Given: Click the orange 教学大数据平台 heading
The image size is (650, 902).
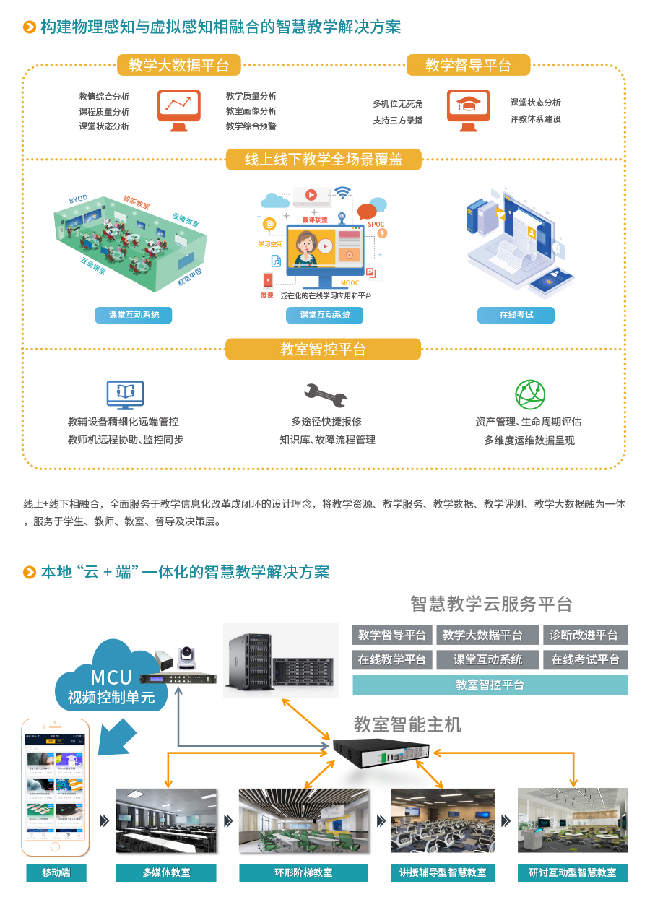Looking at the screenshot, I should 179,66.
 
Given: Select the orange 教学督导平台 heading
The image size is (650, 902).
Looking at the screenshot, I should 468,66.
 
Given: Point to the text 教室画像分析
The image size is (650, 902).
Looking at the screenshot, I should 251,111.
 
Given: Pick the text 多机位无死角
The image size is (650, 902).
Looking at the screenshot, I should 398,104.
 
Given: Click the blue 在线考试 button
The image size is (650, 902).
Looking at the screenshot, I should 516,315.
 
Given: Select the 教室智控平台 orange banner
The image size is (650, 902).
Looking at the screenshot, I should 323,350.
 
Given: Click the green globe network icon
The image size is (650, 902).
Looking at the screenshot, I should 530,394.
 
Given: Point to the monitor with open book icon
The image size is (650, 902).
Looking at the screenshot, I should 125,394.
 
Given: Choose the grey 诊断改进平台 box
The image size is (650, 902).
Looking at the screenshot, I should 585,636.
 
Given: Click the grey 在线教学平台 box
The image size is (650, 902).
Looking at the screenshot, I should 392,659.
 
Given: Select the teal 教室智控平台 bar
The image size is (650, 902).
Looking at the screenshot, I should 490,685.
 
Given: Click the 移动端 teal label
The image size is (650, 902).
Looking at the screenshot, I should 56,872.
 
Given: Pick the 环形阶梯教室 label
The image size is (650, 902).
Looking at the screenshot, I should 303,872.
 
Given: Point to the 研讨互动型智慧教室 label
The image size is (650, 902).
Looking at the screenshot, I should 573,872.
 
